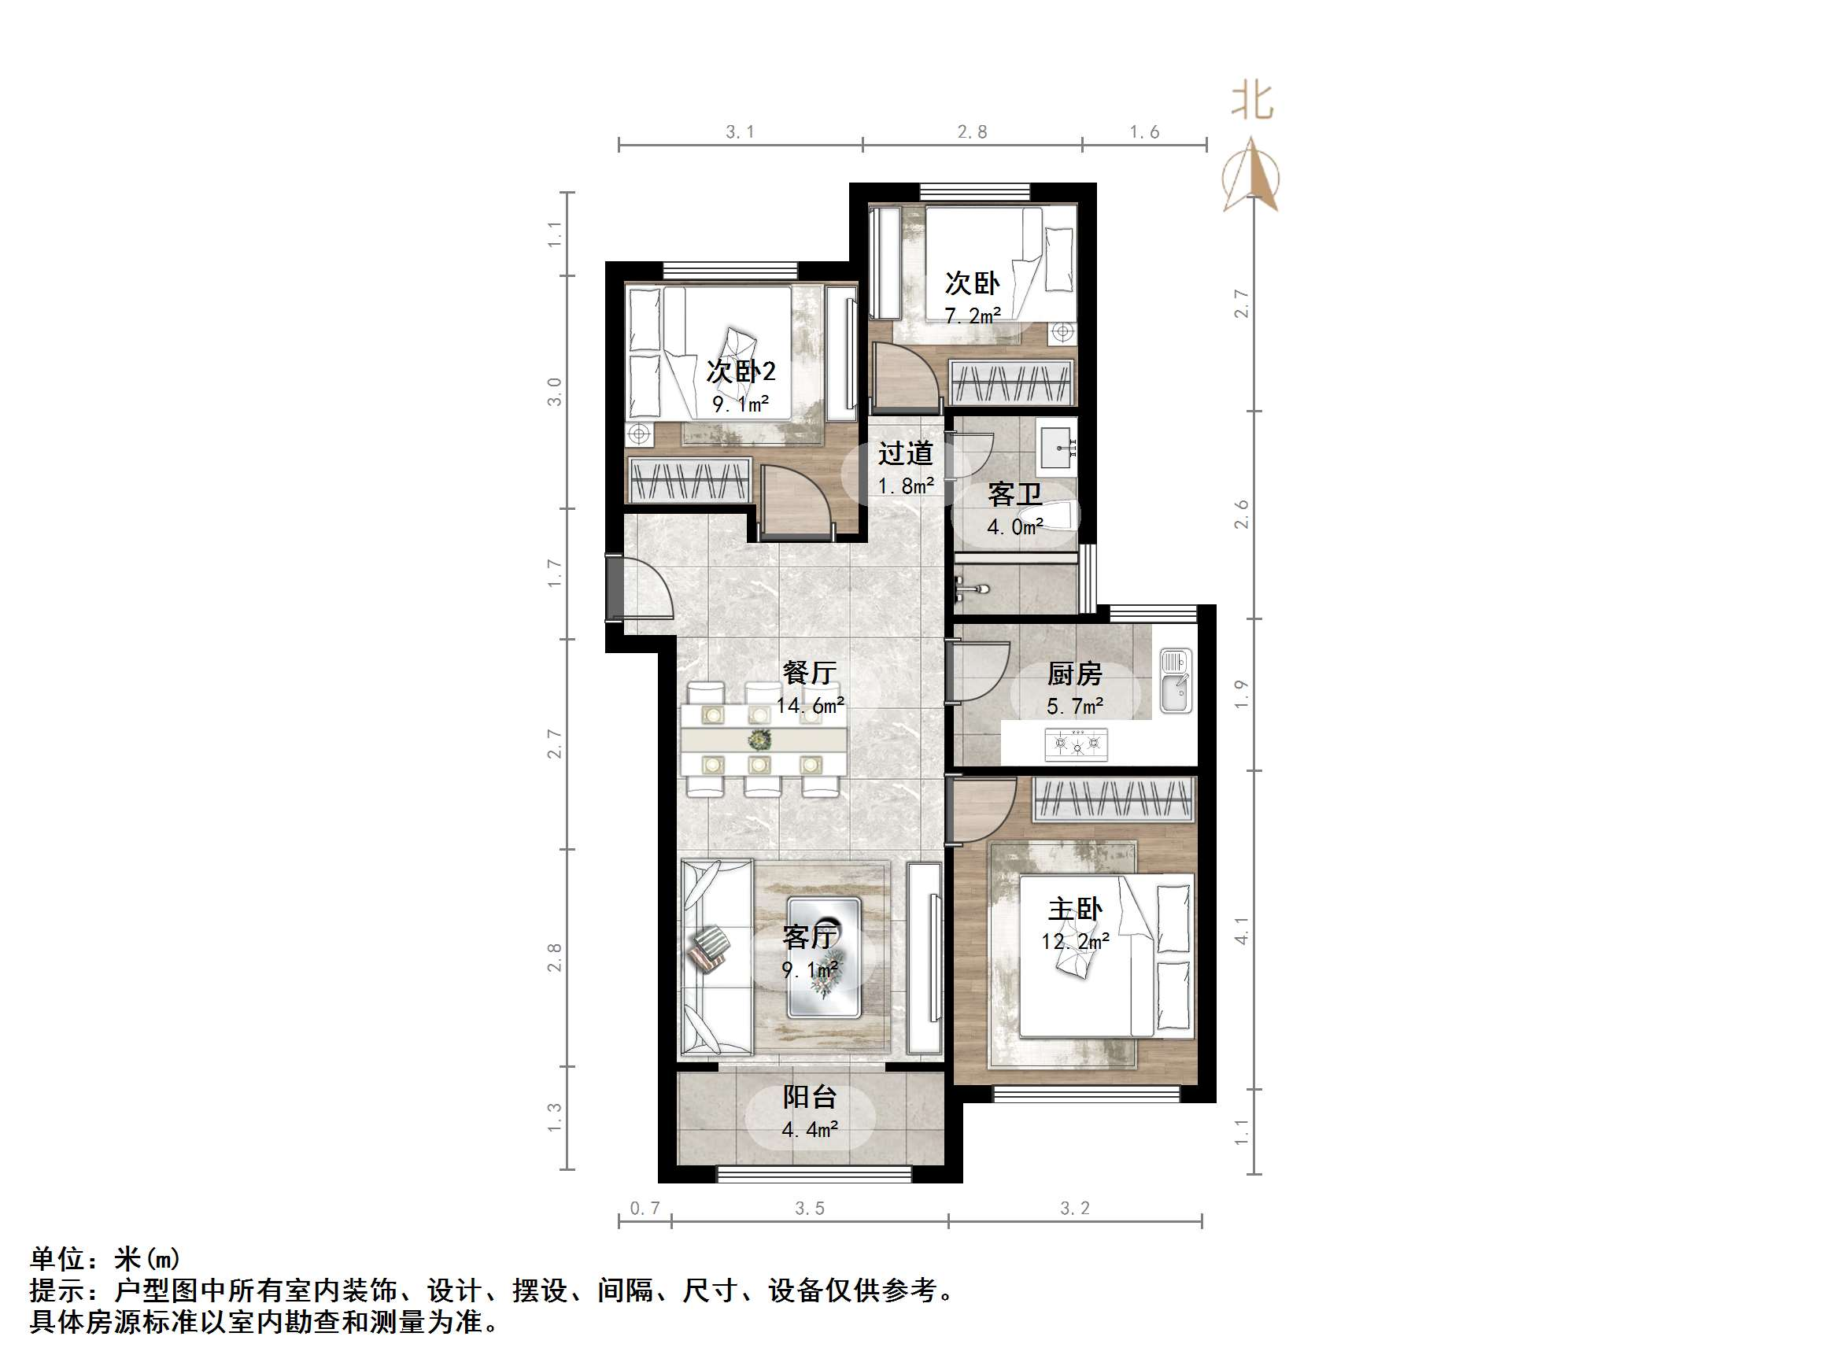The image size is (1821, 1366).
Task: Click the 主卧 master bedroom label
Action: (1074, 909)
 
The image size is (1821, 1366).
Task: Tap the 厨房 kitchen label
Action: (1074, 674)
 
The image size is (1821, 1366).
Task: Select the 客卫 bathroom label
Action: (1014, 494)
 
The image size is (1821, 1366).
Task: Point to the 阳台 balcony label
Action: (809, 1097)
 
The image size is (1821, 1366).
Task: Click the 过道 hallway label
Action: (906, 454)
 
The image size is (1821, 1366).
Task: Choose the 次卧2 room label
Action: (741, 371)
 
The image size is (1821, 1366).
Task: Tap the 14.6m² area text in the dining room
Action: (810, 706)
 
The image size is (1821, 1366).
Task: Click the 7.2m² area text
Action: (972, 316)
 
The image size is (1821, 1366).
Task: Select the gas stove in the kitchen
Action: (1076, 744)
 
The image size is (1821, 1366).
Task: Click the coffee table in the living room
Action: (824, 958)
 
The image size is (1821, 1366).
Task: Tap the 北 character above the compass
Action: (1252, 102)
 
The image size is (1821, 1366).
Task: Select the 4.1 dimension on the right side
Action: (1242, 930)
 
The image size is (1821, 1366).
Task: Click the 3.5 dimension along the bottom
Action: (809, 1208)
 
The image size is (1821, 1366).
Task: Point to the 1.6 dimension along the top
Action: (1143, 131)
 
